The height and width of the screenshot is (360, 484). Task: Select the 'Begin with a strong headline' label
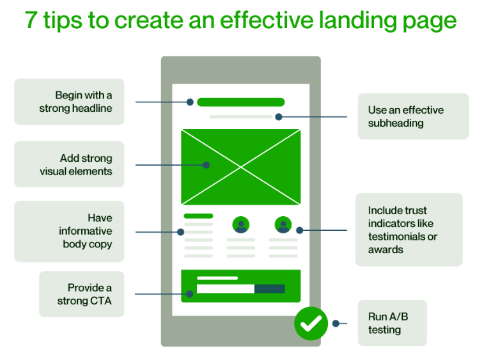69,102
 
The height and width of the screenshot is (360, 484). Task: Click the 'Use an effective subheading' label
413,116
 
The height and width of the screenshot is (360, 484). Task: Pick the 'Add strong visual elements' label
69,164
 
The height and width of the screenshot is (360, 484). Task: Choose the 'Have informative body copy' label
69,231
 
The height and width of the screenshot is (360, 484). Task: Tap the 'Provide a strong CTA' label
81,294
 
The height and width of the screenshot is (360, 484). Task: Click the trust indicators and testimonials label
409,230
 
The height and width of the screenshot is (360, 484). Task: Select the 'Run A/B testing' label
391,323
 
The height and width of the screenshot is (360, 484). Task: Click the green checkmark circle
311,324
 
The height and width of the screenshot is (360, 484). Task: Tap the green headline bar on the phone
240,102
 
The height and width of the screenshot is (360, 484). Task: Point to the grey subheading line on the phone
240,117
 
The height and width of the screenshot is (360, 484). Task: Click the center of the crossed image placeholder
240,167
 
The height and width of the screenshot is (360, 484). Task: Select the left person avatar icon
241,225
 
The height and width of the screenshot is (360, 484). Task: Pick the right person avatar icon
283,225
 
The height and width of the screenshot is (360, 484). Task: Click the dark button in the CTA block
269,289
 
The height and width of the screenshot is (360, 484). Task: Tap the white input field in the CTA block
225,289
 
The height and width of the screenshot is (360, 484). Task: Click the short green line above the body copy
198,216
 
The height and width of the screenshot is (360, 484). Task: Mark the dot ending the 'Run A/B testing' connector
336,324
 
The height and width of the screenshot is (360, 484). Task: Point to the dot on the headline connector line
190,102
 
